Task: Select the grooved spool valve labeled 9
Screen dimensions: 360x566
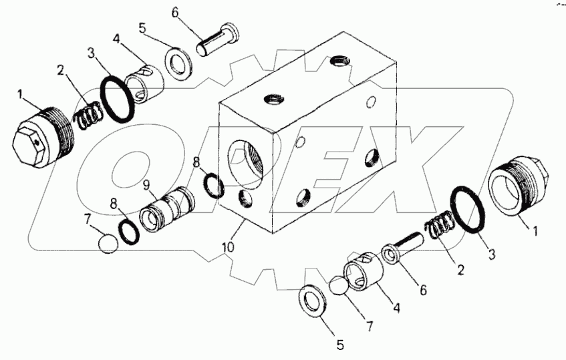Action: tap(167, 207)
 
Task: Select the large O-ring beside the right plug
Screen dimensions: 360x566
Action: tap(469, 210)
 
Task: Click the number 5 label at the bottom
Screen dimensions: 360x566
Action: tap(339, 345)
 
